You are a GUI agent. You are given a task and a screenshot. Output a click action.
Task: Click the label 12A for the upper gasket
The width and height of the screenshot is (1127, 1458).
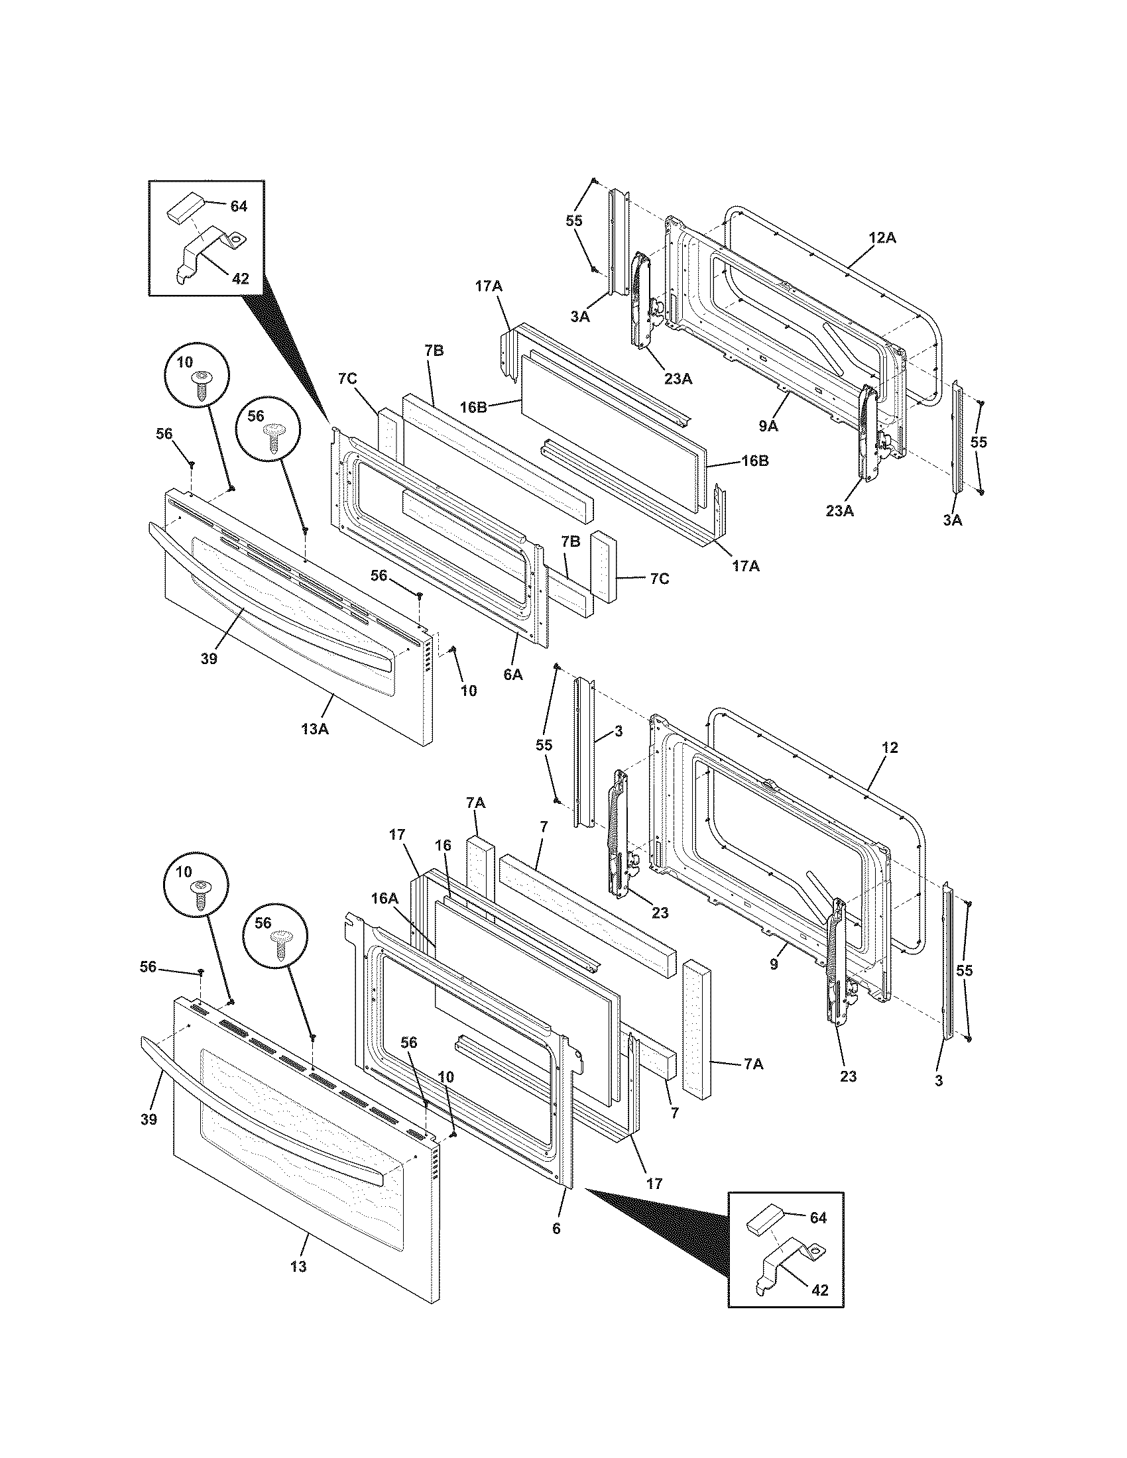(882, 237)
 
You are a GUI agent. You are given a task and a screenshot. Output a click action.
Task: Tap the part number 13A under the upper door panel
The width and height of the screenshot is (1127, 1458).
(314, 729)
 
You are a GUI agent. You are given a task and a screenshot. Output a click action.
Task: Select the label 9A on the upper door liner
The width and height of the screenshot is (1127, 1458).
(768, 425)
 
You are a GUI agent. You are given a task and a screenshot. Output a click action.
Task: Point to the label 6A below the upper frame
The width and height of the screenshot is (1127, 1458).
(512, 674)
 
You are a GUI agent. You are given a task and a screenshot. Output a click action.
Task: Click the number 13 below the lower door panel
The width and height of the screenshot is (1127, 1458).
(298, 1266)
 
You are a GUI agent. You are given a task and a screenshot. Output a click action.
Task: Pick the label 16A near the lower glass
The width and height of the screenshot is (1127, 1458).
(385, 899)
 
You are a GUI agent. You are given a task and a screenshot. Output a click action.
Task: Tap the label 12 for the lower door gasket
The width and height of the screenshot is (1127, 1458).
(890, 747)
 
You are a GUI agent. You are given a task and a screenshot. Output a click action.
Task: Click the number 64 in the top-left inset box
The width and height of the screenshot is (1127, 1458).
(239, 206)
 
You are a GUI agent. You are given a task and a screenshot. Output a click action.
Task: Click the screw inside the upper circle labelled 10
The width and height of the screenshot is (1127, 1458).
(200, 386)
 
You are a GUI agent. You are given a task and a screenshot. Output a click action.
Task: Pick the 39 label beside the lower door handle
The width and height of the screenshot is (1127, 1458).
(149, 1119)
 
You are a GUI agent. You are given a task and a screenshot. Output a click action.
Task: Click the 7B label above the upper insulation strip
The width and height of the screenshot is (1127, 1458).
(434, 351)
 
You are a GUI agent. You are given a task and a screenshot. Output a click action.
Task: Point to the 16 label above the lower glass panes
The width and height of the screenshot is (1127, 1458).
(444, 845)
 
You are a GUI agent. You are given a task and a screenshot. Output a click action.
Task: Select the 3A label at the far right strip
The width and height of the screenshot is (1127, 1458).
(952, 520)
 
